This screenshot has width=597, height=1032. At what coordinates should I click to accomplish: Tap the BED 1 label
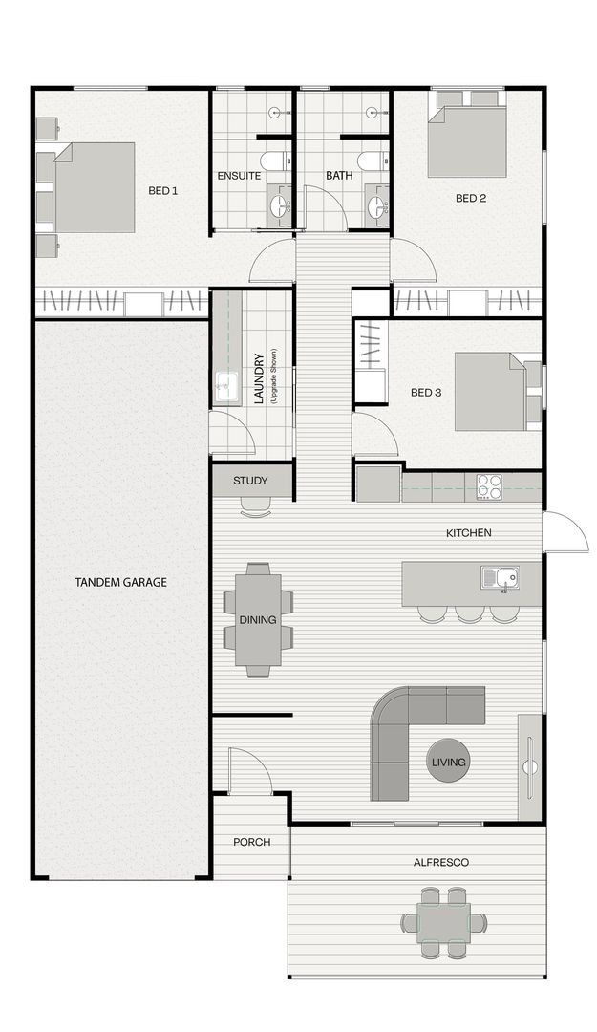[x=163, y=191]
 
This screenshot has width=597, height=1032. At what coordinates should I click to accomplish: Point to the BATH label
[x=339, y=176]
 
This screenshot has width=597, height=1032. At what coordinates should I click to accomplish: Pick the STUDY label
[x=250, y=481]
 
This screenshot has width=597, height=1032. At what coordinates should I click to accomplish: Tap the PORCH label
[x=251, y=842]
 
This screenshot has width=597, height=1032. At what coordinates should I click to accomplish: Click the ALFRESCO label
[x=440, y=862]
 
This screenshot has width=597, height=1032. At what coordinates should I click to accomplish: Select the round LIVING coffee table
[x=448, y=762]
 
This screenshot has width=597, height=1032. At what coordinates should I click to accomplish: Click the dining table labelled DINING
[x=258, y=620]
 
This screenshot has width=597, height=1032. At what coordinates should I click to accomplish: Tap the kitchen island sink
[x=501, y=577]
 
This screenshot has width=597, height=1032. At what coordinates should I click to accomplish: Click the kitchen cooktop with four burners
[x=489, y=486]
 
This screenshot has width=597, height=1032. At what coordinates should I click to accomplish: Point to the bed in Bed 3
[x=488, y=392]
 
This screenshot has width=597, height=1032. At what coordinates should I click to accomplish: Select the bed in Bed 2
[x=467, y=140]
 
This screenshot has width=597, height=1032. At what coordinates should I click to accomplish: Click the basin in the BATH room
[x=375, y=204]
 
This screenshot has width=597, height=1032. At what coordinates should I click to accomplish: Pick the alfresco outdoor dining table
[x=444, y=922]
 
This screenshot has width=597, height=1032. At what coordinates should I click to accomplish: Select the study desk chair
[x=255, y=506]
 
